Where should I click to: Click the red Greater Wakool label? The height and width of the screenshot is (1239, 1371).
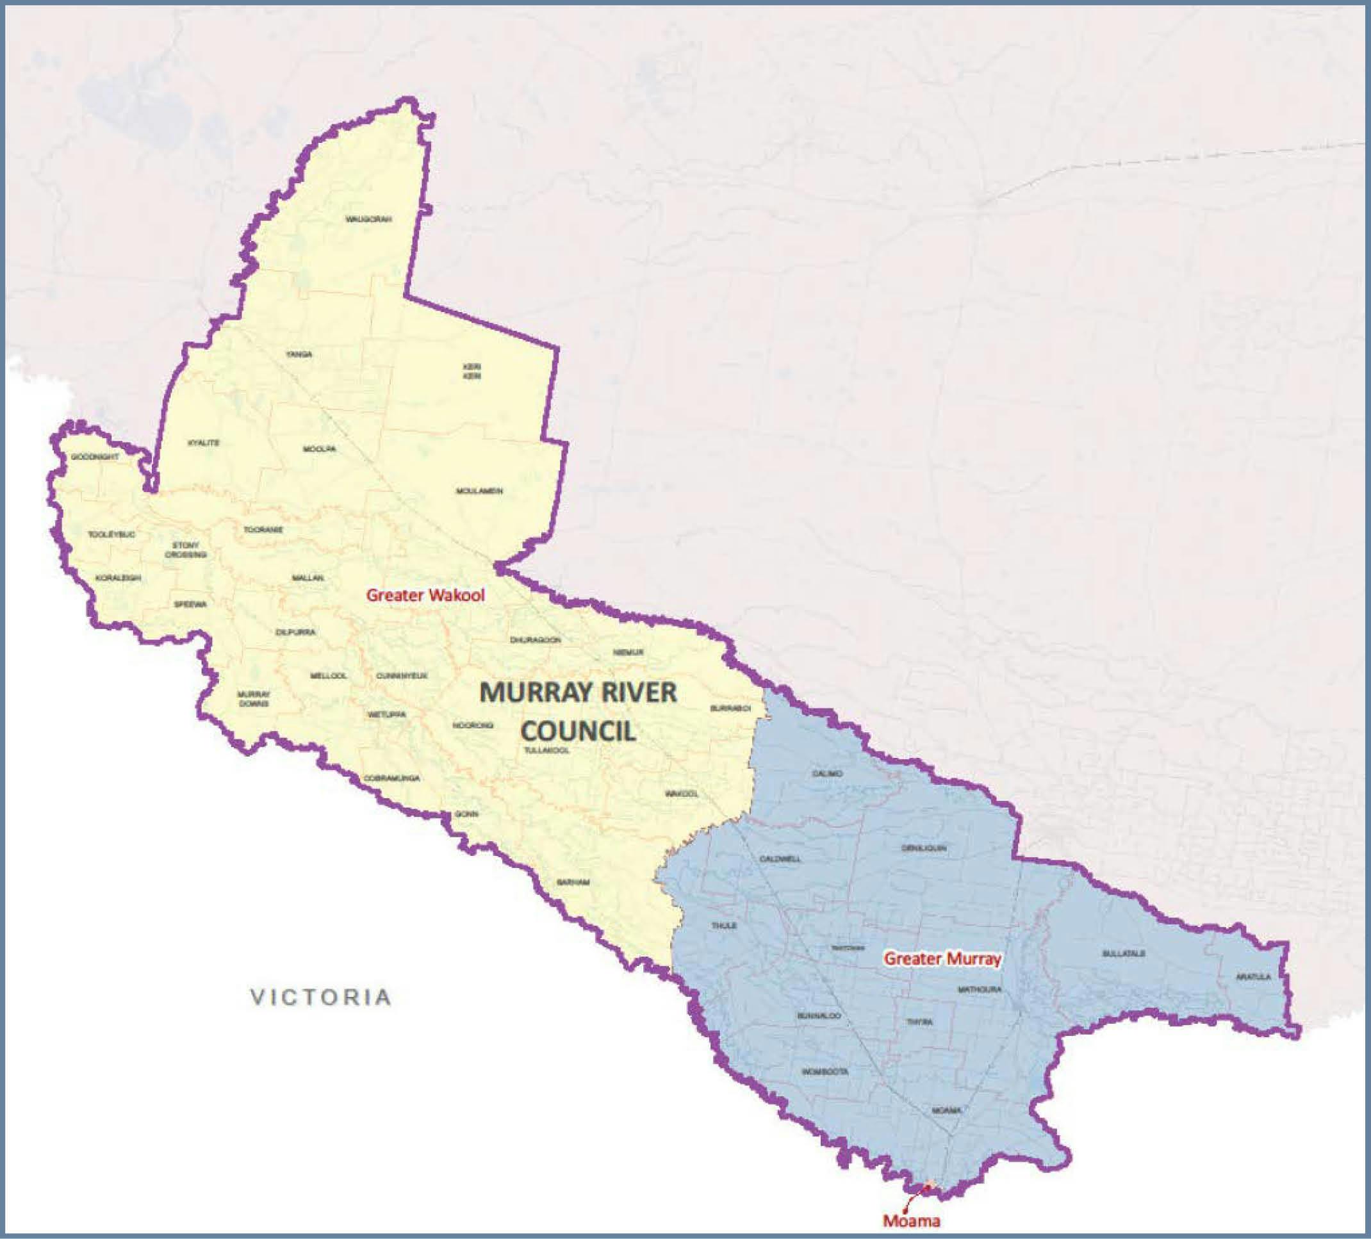point(426,596)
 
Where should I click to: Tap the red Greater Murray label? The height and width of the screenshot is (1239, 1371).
point(942,959)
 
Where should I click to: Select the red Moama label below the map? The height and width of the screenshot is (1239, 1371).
point(911,1220)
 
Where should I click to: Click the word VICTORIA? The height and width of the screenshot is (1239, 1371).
point(321,997)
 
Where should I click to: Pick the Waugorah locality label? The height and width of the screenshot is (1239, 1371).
point(368,219)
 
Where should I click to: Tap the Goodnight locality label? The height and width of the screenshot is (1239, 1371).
point(95,457)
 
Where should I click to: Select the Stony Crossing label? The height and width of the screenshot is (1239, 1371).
point(186,550)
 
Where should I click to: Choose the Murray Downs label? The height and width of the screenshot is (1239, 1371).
point(254,698)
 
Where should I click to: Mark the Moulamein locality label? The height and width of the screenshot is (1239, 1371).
point(480,491)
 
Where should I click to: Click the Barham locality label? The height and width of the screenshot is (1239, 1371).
point(573,882)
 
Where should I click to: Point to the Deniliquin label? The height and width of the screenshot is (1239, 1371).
point(924,848)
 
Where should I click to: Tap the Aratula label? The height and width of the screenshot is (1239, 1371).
point(1253,977)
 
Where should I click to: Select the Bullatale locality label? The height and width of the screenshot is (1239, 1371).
point(1124,953)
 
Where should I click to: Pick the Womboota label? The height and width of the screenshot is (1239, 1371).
point(825,1071)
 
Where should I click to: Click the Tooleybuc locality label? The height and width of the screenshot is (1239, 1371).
point(111,534)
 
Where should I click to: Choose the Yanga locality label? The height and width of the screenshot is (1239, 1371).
point(299,354)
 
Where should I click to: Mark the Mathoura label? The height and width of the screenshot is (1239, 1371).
point(980,989)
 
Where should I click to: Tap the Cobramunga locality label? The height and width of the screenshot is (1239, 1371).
point(391,778)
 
